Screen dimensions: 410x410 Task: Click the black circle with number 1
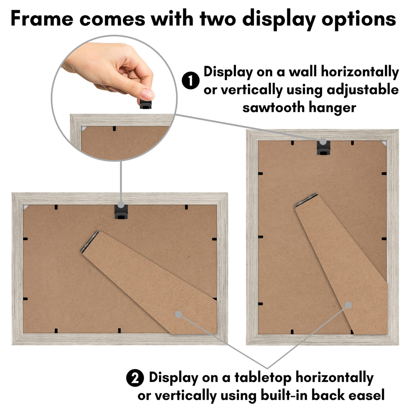(191, 81)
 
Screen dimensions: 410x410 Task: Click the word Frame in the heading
(42, 19)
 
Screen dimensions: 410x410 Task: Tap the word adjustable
(363, 89)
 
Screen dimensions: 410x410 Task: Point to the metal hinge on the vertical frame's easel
(306, 200)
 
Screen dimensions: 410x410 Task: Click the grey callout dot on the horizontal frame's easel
(178, 314)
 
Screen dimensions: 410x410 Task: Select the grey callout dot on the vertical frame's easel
(348, 305)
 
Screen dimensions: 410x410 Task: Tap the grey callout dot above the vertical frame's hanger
(323, 141)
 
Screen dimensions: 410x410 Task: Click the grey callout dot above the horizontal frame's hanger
(121, 205)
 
